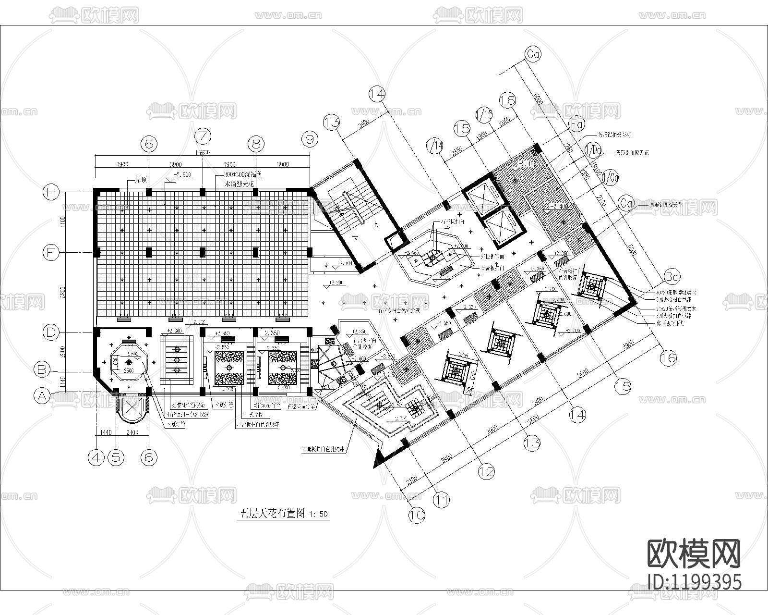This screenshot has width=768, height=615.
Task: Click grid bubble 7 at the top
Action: pos(204,136)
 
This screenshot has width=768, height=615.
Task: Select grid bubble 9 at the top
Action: pos(310,139)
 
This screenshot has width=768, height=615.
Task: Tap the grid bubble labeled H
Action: pos(50,192)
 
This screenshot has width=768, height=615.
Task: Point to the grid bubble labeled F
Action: pos(50,252)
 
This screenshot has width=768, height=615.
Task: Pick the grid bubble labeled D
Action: pos(50,332)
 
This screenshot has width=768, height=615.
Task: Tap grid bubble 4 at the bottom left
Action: pos(96,457)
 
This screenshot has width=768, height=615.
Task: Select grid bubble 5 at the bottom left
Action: pos(115,457)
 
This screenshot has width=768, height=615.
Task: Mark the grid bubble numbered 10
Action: pos(417,516)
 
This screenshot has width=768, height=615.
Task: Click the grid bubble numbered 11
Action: pos(441,500)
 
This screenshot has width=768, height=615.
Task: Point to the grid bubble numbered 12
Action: pos(487,471)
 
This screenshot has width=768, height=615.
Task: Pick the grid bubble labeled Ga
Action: pos(533,55)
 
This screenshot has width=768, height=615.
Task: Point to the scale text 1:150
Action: pos(318,514)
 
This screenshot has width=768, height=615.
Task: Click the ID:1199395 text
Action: pos(694,582)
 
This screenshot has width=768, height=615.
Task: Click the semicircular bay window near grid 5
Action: pos(129,408)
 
